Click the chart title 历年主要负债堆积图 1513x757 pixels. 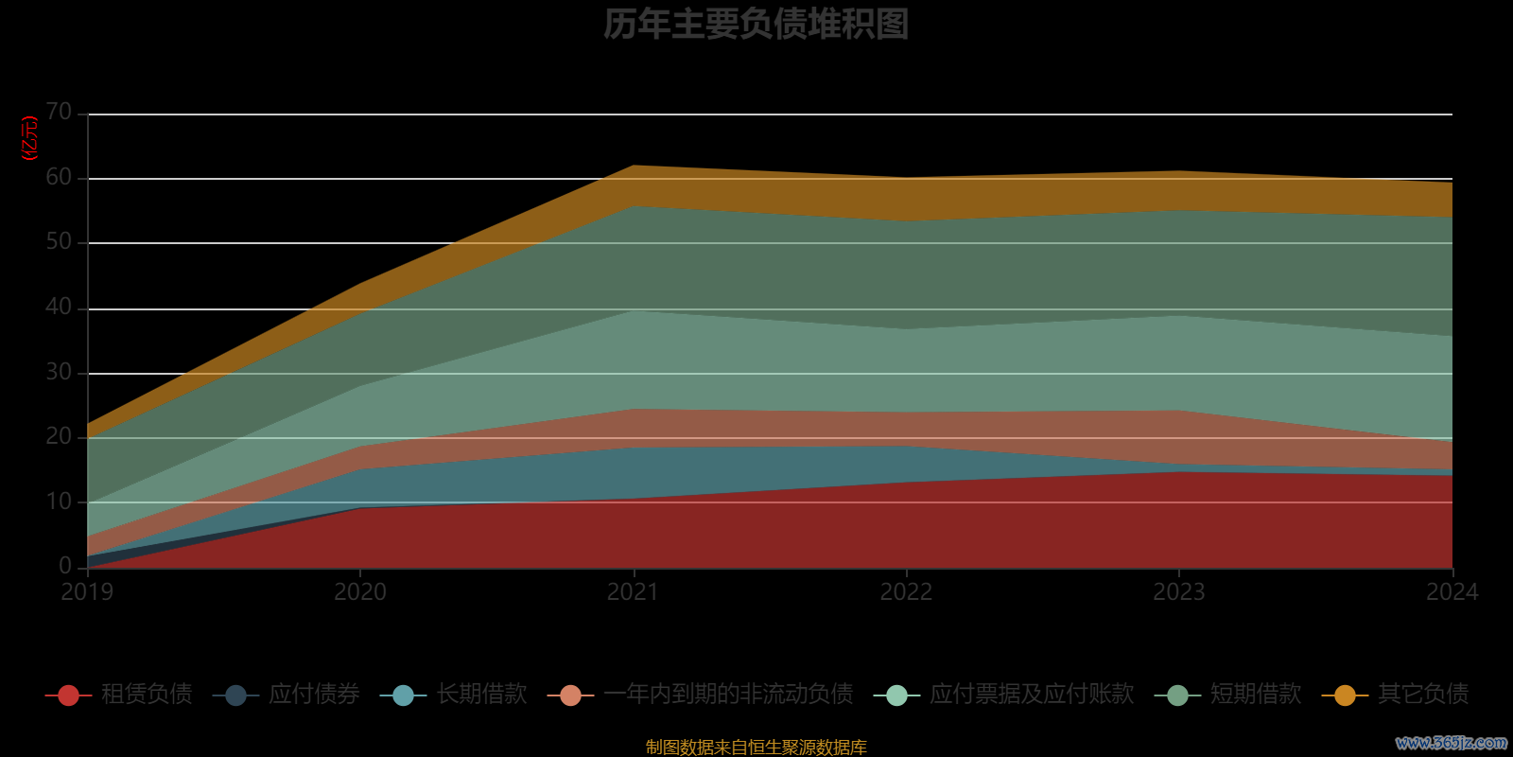click(756, 25)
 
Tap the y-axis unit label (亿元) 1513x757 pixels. click(30, 138)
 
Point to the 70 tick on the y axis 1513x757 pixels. click(59, 113)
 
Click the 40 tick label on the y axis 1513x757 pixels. click(59, 307)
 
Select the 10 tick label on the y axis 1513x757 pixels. click(59, 502)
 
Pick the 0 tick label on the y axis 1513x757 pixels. click(65, 566)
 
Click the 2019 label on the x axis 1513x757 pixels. click(87, 592)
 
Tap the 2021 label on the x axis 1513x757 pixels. click(633, 592)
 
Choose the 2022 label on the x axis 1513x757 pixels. click(906, 592)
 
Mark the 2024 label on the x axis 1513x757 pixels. click(1452, 592)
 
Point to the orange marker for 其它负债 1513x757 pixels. click(1345, 695)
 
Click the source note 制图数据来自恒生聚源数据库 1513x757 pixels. click(756, 748)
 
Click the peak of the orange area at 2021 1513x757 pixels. click(634, 167)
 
